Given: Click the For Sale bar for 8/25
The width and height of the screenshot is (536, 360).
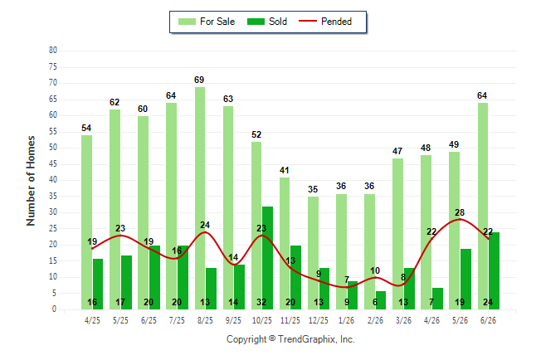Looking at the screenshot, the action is tap(200, 198).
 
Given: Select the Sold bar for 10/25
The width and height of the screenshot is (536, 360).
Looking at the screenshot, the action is tap(267, 258).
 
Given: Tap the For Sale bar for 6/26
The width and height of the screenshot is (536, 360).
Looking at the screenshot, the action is tap(483, 207).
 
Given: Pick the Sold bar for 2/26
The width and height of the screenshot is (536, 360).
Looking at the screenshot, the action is tap(381, 300).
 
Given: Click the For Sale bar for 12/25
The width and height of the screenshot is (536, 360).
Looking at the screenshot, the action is tap(313, 253).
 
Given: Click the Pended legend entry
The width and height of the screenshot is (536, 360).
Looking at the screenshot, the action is tap(325, 22).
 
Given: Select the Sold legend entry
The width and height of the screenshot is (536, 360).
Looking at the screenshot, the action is tap(267, 22).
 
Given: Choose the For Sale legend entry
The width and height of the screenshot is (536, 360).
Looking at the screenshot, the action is tap(207, 22).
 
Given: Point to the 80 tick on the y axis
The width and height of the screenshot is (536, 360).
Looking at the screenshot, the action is tap(52, 51).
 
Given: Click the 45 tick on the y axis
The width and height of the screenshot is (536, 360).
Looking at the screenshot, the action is tap(52, 163).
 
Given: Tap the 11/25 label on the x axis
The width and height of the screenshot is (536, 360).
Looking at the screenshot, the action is tap(290, 320).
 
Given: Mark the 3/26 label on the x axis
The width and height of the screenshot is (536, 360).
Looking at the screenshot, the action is tap(403, 320).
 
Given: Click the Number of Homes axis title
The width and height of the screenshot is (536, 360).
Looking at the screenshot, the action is tap(31, 181).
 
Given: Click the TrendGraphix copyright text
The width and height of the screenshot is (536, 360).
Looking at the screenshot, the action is tap(290, 339).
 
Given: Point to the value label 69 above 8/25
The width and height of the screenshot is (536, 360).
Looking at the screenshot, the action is tap(199, 80).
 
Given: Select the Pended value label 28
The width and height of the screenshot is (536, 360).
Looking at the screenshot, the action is tap(460, 212).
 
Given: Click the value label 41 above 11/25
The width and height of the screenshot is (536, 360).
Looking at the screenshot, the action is tap(284, 170).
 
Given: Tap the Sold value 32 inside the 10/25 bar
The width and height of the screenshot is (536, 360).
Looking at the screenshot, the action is tap(261, 302).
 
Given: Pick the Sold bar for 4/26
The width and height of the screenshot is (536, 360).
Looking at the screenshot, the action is tap(437, 299).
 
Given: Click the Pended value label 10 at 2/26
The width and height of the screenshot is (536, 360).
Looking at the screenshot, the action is tap(375, 270).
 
